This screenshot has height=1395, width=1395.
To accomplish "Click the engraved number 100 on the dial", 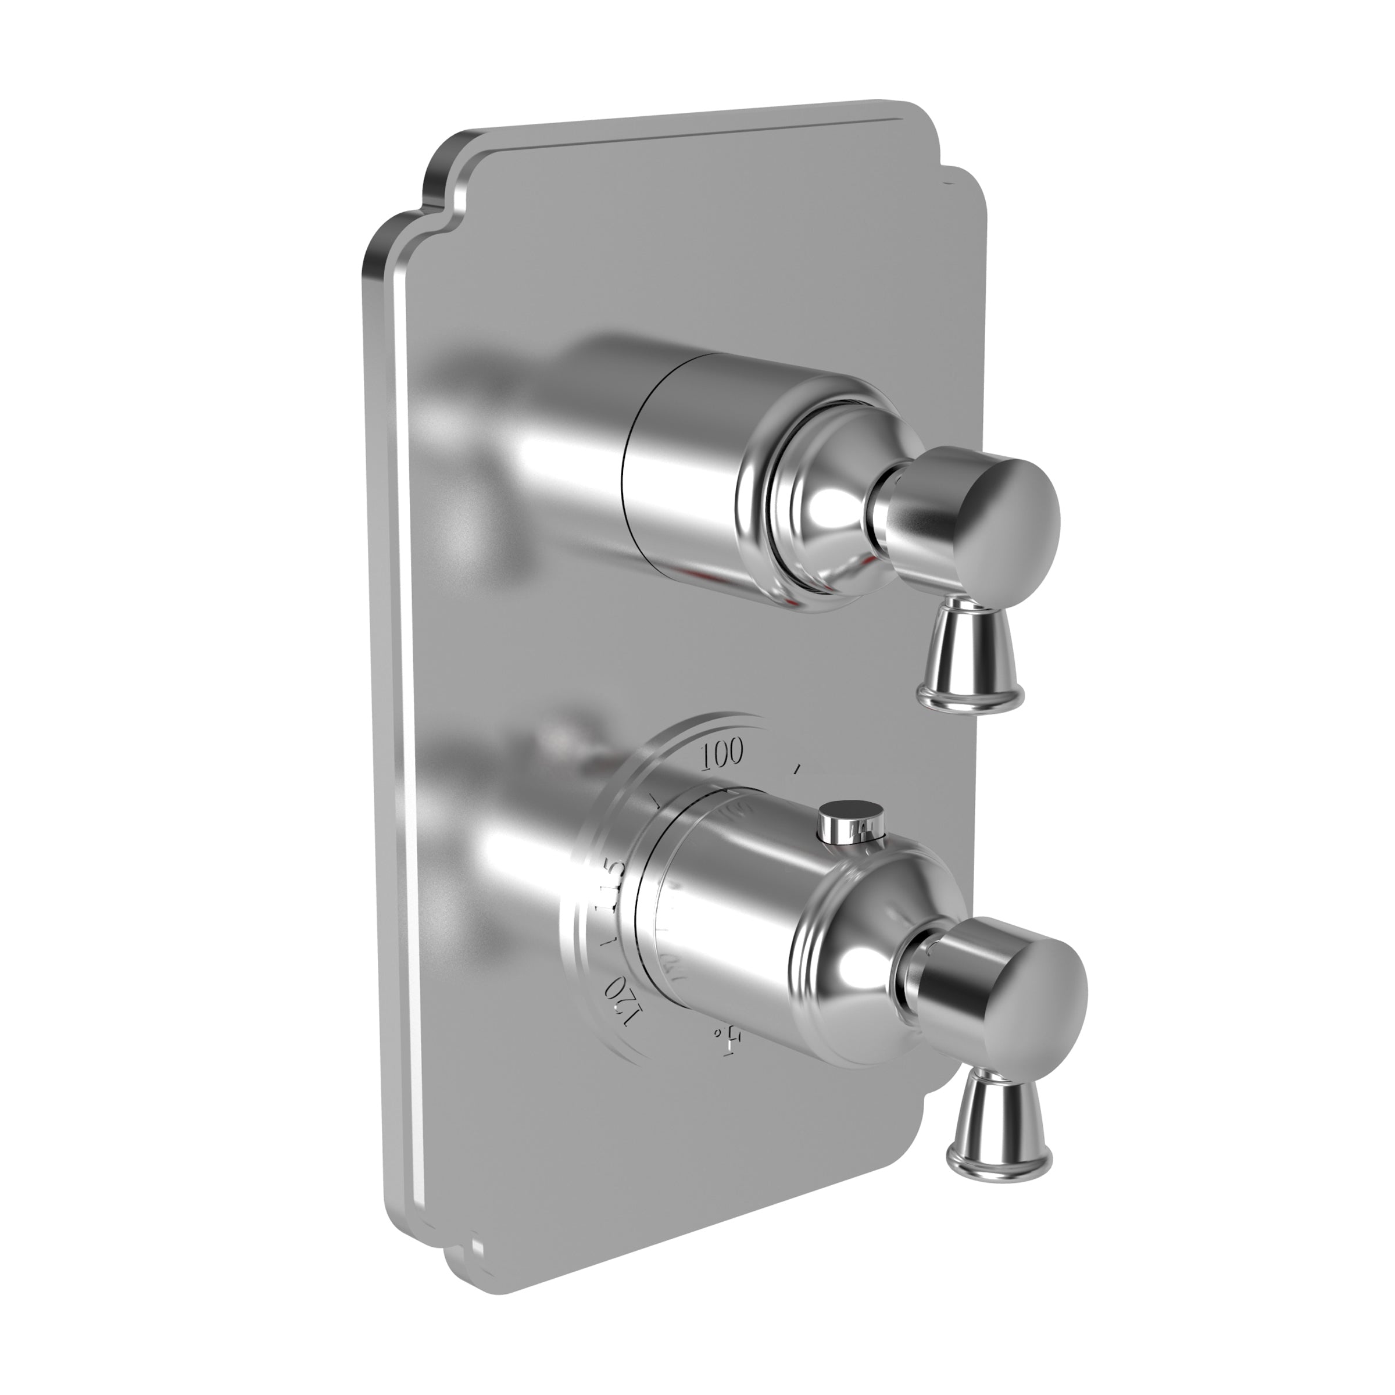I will click(721, 753).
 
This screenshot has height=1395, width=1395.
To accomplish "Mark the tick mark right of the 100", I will click(796, 770).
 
